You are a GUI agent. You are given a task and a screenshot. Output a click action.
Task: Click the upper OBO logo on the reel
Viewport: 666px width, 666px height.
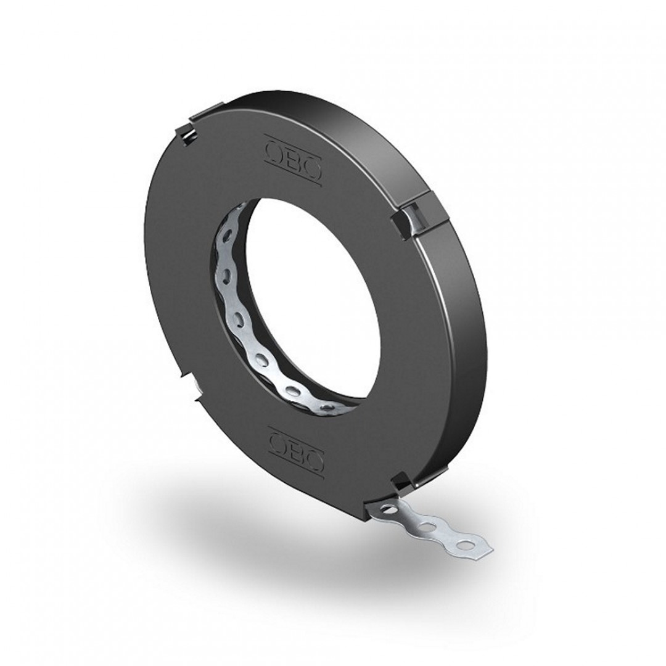(293, 160)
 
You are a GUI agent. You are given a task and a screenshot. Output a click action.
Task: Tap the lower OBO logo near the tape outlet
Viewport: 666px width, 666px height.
(297, 450)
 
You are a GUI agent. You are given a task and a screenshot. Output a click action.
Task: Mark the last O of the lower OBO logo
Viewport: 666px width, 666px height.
(314, 459)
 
